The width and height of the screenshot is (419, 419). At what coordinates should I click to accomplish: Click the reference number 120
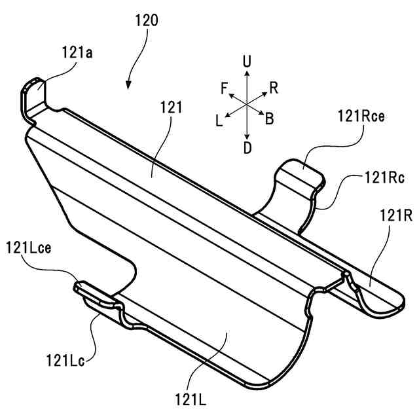(x=146, y=20)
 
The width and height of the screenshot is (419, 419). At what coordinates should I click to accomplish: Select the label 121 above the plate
(x=170, y=107)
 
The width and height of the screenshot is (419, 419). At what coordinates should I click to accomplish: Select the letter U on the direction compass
(x=246, y=62)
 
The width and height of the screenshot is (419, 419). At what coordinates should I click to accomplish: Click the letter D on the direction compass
(x=247, y=148)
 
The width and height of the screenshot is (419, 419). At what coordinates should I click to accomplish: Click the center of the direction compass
(x=246, y=105)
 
